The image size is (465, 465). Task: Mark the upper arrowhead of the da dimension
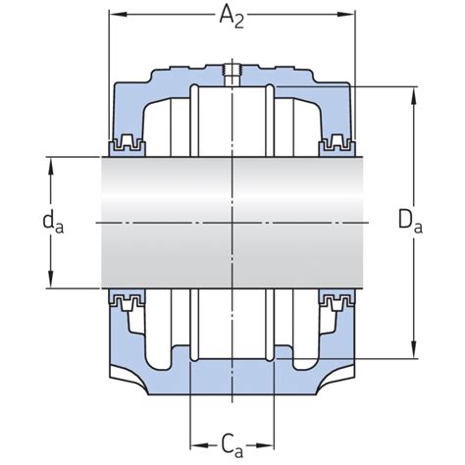click(49, 162)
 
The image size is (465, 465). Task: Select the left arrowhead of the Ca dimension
click(195, 438)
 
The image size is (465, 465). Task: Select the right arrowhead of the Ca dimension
click(270, 438)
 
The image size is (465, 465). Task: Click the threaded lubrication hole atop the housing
click(232, 72)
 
